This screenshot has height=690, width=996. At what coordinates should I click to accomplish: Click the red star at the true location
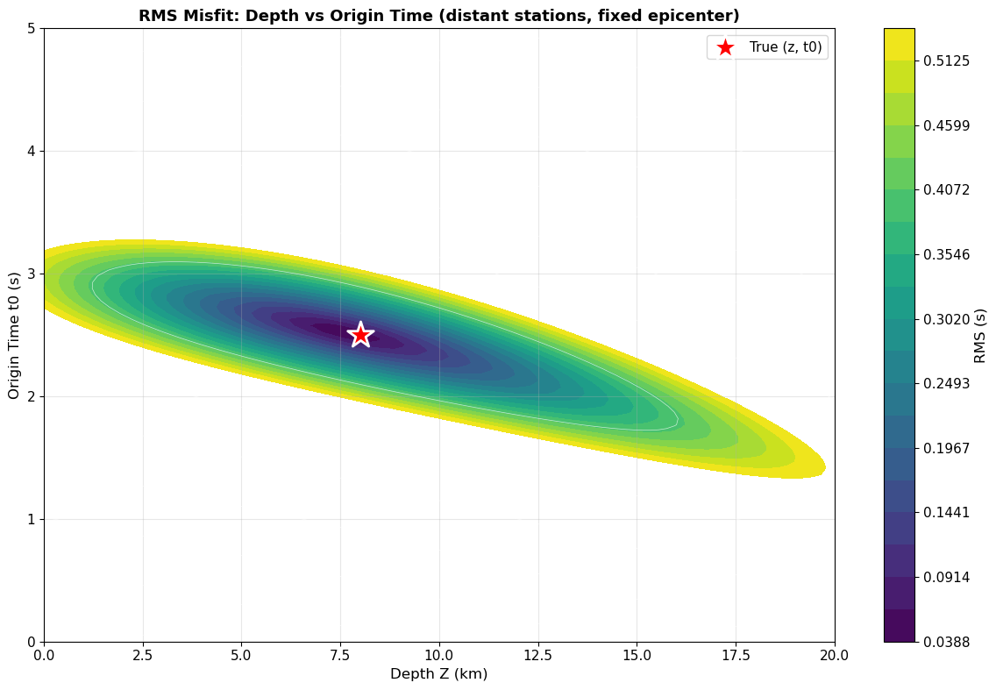tap(360, 334)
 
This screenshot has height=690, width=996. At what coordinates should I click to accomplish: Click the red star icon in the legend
tap(725, 47)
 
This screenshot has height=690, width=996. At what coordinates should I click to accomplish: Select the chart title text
tap(438, 16)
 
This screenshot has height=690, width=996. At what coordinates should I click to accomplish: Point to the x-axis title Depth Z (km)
tap(438, 674)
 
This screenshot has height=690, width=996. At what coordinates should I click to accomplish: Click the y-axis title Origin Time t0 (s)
tap(14, 335)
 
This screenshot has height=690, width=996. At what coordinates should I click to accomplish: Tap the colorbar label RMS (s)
tap(980, 335)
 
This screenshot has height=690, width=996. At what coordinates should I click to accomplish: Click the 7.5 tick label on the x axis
tap(340, 653)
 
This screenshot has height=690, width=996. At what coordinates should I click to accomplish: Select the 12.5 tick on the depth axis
tap(537, 653)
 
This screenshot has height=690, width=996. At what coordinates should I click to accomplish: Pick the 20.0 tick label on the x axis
tap(834, 653)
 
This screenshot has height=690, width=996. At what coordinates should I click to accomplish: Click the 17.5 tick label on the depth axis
tap(736, 653)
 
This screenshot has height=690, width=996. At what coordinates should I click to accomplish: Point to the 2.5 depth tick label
tap(143, 653)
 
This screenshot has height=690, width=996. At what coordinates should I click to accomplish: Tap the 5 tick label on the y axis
tap(31, 28)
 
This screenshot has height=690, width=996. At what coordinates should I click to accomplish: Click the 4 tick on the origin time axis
tap(31, 151)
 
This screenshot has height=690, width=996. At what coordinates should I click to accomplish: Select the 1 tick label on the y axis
tap(31, 519)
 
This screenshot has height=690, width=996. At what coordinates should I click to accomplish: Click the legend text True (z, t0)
tap(785, 47)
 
